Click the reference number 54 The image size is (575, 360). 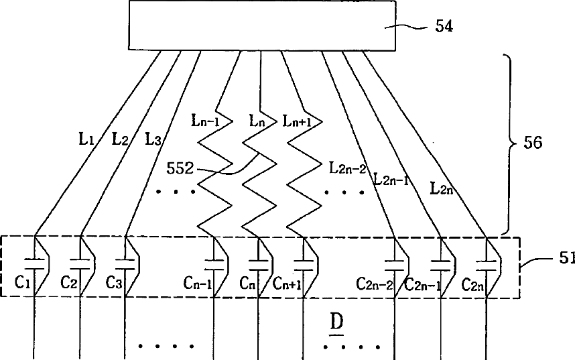click(444, 27)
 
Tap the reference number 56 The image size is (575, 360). click(531, 143)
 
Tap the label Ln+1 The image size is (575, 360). click(297, 121)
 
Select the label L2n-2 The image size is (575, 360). click(347, 168)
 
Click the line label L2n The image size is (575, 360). click(442, 190)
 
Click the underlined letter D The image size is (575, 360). click(337, 323)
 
